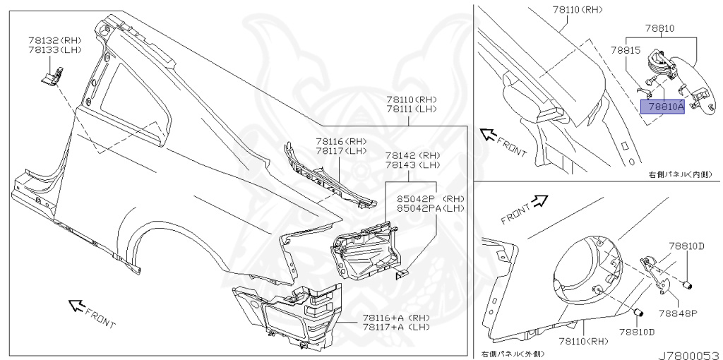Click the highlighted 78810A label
click(x=662, y=107)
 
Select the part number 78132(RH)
click(x=52, y=42)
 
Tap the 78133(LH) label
click(x=52, y=52)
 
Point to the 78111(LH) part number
click(x=412, y=109)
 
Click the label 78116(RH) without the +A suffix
click(x=341, y=141)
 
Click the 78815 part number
click(x=625, y=51)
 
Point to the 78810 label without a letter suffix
click(x=659, y=30)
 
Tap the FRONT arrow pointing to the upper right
click(x=539, y=202)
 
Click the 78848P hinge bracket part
click(x=654, y=272)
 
